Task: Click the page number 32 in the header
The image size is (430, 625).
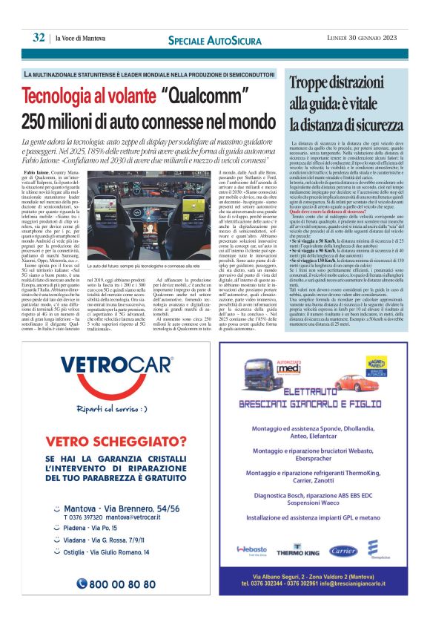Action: pos(39,38)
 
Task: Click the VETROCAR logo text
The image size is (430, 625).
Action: pos(117,366)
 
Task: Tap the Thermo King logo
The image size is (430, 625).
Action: pos(298,552)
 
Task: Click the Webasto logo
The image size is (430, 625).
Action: pos(252,549)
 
